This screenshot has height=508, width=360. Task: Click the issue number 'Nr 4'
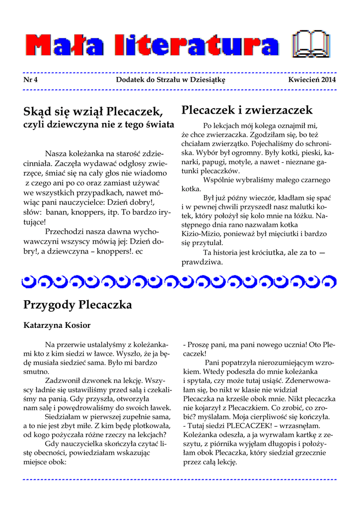point(30,79)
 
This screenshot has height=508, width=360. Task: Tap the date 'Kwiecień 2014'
point(312,79)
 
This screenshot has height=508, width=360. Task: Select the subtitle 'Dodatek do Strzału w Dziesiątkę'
point(170,79)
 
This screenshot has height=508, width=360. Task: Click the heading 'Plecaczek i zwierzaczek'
point(247,110)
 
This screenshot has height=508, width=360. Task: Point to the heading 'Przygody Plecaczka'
point(77,305)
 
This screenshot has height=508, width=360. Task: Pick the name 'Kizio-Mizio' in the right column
point(201,233)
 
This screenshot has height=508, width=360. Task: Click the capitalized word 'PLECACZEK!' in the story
point(245,426)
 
